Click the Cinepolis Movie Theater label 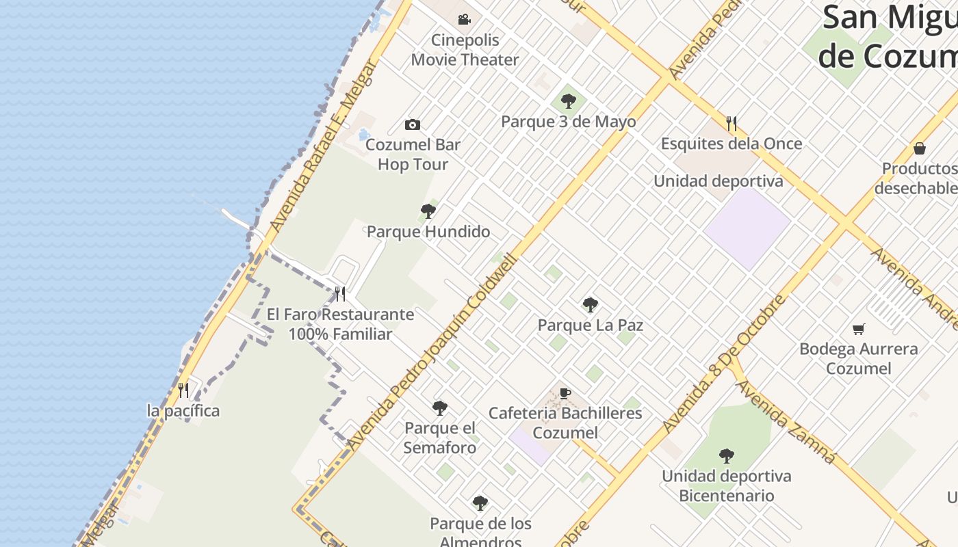pos(465,50)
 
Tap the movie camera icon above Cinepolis pos(465,19)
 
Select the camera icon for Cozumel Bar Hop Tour pos(412,124)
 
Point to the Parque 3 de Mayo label pos(568,122)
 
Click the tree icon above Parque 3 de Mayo pos(568,102)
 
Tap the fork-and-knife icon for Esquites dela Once pos(732,124)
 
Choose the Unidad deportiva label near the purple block pos(718,181)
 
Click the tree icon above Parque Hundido pos(428,211)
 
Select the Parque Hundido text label pos(428,232)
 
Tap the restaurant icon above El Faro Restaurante pos(340,294)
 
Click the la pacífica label pos(183,411)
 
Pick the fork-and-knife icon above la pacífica pos(183,390)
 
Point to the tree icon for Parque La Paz pos(590,305)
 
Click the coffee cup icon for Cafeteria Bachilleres pos(565,393)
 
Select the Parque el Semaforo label pos(440,438)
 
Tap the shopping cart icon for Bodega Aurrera pos(859,329)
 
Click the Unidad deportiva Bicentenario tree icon pos(726,456)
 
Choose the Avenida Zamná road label pos(786,422)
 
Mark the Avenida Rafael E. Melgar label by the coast pos(324,146)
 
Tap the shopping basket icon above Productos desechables pos(920,148)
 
